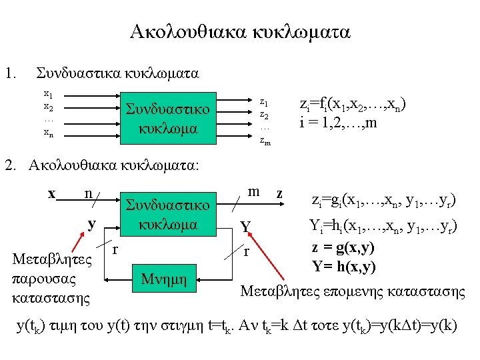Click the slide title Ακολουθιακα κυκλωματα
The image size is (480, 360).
[x=240, y=31]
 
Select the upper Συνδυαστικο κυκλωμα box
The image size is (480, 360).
[x=168, y=119]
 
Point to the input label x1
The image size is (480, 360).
[x=49, y=95]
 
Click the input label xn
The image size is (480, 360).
[x=49, y=132]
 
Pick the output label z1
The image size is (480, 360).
[x=264, y=103]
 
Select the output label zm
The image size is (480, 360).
[x=265, y=141]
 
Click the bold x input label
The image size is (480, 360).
[x=51, y=194]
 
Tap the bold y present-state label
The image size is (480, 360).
[x=92, y=223]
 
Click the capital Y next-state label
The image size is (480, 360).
[x=245, y=228]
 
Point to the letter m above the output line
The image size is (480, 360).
[x=253, y=191]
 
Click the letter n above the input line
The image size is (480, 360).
[x=89, y=193]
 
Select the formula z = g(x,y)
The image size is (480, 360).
[x=343, y=248]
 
